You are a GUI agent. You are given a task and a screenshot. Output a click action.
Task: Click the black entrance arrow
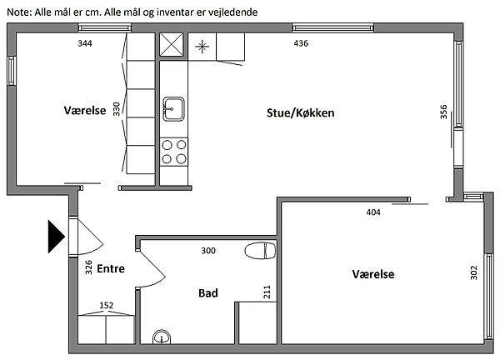56,237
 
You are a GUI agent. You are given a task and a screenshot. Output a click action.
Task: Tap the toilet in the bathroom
260,250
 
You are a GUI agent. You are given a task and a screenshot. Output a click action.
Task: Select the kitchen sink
173,109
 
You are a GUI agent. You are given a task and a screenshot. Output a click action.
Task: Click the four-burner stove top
174,152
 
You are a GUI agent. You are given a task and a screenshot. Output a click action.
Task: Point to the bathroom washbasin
162,337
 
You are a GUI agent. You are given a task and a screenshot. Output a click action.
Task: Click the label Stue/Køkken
300,112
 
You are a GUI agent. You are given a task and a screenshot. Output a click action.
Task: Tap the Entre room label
111,268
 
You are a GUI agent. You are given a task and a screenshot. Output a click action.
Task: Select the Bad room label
208,293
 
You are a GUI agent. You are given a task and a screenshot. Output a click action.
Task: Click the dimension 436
301,43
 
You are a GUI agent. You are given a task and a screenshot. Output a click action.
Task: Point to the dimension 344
85,43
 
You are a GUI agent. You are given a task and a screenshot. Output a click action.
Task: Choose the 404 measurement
373,212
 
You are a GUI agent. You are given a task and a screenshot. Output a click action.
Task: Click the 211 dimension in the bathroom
267,292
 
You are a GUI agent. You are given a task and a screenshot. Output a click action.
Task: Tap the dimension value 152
106,305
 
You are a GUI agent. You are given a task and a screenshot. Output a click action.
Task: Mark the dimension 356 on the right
443,112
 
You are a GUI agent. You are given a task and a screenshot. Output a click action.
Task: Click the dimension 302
474,272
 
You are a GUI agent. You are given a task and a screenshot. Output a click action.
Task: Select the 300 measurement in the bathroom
208,251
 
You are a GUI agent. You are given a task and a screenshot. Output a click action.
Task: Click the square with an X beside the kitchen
172,44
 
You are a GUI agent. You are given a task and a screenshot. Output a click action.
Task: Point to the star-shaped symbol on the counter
202,47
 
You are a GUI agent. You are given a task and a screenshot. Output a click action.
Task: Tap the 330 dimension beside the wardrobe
117,109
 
